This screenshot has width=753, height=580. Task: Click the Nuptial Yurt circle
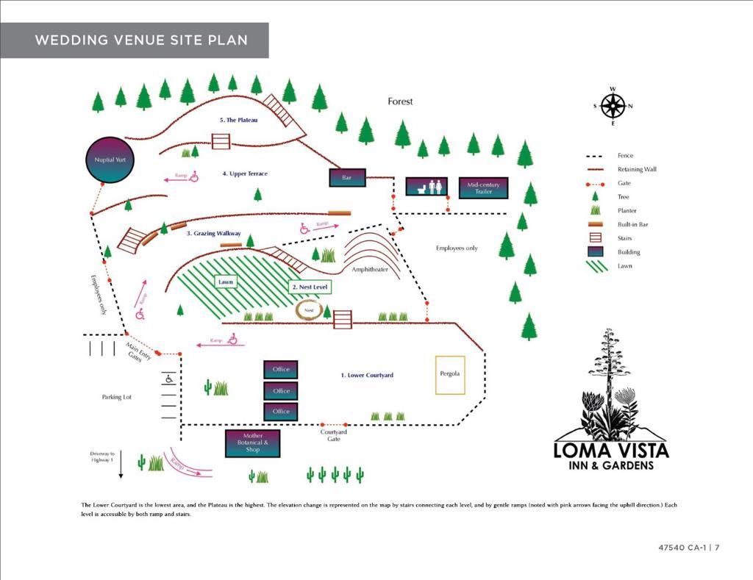click(x=111, y=160)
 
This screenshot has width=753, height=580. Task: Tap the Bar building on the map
click(x=347, y=177)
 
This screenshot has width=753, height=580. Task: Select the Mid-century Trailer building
click(x=483, y=188)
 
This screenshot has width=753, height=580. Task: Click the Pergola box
click(x=450, y=374)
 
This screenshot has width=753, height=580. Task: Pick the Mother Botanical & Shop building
click(x=252, y=443)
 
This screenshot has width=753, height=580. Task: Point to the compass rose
click(x=613, y=107)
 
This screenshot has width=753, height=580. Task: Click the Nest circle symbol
click(x=310, y=310)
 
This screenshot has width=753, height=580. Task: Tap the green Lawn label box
click(x=226, y=282)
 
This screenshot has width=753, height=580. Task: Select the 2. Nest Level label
click(x=310, y=287)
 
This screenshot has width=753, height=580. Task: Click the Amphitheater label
click(x=369, y=270)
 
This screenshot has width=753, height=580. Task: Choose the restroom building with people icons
click(x=427, y=186)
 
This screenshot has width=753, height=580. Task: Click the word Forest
click(x=401, y=101)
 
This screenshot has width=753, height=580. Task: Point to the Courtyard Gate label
click(x=334, y=435)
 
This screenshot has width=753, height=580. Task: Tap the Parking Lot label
click(x=116, y=397)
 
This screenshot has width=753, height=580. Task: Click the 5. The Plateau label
click(x=238, y=120)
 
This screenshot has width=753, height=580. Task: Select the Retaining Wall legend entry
click(x=637, y=169)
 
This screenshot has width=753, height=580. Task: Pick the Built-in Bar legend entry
click(x=632, y=224)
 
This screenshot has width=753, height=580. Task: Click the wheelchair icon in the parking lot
click(x=169, y=379)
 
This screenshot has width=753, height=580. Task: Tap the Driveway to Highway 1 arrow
click(x=121, y=470)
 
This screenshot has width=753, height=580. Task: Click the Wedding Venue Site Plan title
click(x=141, y=40)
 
